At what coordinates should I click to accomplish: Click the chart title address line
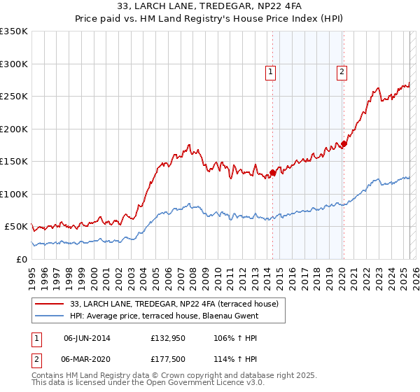point(210,6)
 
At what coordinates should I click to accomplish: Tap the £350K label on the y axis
point(14,31)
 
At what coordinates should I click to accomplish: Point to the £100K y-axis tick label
point(14,194)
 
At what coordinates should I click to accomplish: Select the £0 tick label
point(21,259)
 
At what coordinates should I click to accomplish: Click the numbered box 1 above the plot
point(269,71)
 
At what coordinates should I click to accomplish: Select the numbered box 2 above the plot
point(342,71)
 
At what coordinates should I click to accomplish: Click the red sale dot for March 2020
point(344,144)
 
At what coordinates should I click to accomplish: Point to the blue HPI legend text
point(164,316)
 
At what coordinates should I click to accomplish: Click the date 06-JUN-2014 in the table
point(87,338)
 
